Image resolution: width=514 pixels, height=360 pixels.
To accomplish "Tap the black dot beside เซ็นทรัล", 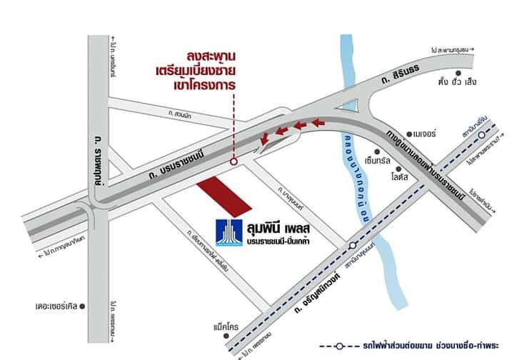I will [392, 151].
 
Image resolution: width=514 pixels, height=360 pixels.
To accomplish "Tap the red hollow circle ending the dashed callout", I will [234, 162].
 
